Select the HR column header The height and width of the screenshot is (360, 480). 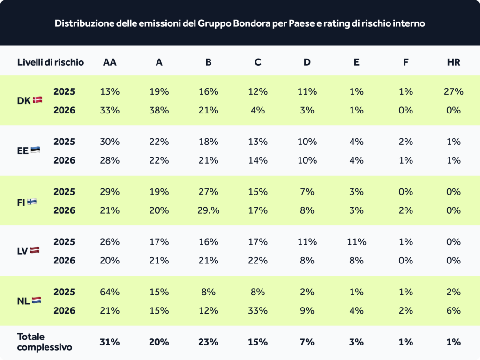point(453,62)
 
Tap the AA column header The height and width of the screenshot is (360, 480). point(110,62)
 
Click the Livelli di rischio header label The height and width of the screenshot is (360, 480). point(51,62)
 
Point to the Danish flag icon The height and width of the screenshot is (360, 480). point(37,100)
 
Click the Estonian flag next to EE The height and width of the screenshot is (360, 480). point(35,150)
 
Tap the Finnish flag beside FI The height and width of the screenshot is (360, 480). point(32,202)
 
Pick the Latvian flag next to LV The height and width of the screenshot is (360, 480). point(35,250)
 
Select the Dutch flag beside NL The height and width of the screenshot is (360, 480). point(36,300)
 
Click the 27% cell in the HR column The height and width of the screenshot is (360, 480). point(453,91)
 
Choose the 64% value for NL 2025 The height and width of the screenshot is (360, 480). point(110,292)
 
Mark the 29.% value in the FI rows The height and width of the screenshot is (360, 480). point(208,210)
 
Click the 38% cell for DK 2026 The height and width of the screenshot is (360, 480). point(159,110)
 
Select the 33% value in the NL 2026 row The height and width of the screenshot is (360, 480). point(257,310)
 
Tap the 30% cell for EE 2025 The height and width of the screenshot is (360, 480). point(110,142)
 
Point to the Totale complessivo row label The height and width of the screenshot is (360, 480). point(45,342)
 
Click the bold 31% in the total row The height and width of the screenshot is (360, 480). point(110,342)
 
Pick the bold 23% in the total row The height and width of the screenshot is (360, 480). point(208,342)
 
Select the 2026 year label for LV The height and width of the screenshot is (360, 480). point(64,261)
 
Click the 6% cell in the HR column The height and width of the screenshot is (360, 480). point(453,310)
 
